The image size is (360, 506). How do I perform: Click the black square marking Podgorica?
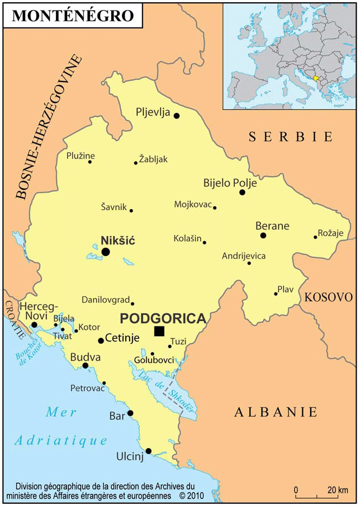tap(160, 331)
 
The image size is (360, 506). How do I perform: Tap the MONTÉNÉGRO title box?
tap(73, 16)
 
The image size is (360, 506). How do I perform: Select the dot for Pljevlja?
tap(177, 116)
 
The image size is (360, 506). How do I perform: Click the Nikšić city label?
tap(118, 241)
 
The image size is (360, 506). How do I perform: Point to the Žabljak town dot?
tap(136, 162)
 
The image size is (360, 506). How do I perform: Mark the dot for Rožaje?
tap(315, 237)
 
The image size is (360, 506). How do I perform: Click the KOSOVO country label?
tap(328, 297)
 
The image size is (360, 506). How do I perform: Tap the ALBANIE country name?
tap(275, 412)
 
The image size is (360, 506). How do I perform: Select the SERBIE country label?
tap(291, 136)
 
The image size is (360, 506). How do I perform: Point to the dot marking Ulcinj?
tap(148, 451)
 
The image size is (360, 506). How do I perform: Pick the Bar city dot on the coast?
tap(130, 413)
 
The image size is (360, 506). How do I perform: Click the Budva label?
tap(85, 357)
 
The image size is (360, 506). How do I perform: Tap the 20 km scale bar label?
tap(337, 490)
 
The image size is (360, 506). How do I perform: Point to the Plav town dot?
tap(275, 293)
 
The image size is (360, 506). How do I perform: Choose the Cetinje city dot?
tap(101, 341)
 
